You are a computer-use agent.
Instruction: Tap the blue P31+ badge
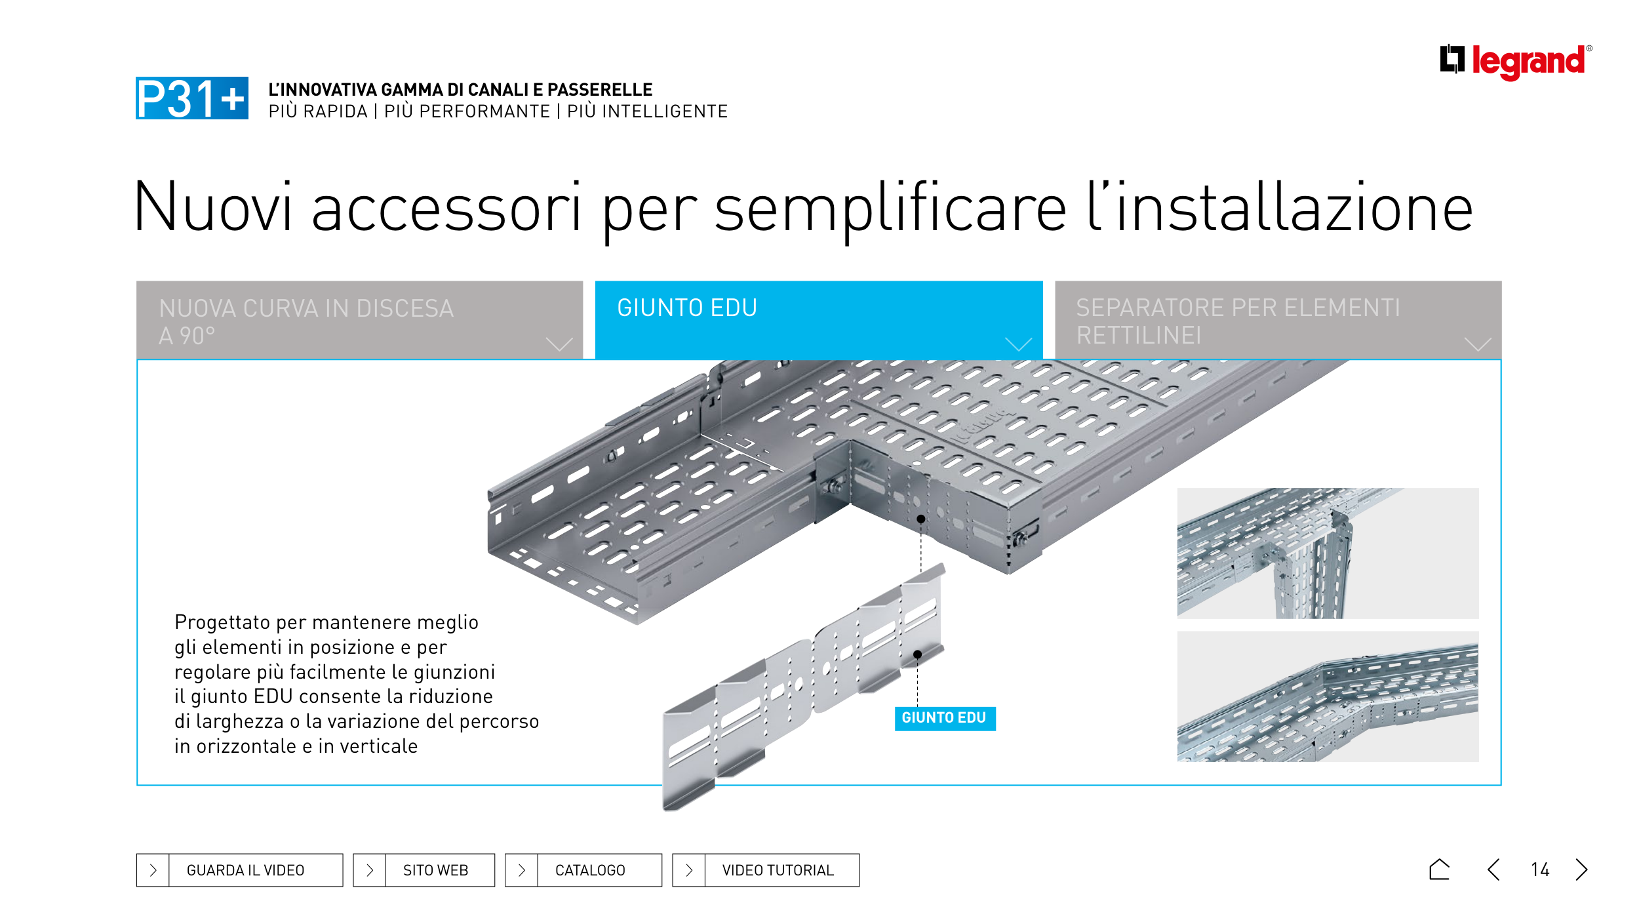tap(192, 98)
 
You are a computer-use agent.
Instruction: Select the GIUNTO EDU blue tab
tap(819, 319)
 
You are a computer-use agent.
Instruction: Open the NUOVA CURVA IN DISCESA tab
tap(359, 319)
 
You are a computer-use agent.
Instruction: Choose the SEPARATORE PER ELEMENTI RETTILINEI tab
tap(1278, 319)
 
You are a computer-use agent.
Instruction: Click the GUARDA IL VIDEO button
tap(239, 870)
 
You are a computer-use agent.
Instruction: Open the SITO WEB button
tap(424, 870)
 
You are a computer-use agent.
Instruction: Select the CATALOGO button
tap(583, 870)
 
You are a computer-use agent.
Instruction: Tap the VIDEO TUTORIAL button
tap(766, 870)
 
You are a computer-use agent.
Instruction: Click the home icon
tap(1439, 870)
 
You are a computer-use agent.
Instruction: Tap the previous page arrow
tap(1493, 870)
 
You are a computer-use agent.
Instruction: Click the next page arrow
tap(1582, 870)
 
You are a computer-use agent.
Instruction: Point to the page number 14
tap(1540, 870)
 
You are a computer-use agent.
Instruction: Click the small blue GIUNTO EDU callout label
tap(945, 718)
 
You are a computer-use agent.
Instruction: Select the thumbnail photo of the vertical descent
tap(1328, 553)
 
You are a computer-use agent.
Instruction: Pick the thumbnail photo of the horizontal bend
tap(1328, 696)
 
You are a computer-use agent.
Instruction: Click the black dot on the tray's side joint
tap(921, 519)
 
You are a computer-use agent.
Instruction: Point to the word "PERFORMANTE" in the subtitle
tap(467, 111)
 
